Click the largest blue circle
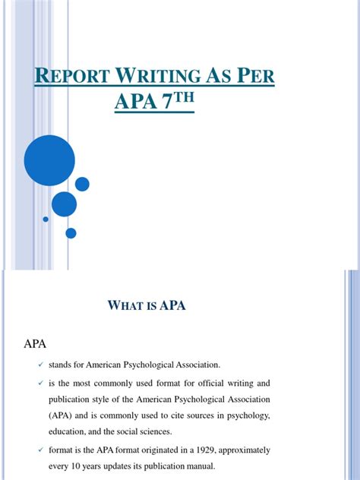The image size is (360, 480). [49, 160]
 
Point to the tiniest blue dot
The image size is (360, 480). [46, 219]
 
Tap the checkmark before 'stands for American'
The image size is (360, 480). [41, 365]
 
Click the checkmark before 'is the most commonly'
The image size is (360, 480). [41, 383]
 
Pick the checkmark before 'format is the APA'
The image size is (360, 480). [41, 451]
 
